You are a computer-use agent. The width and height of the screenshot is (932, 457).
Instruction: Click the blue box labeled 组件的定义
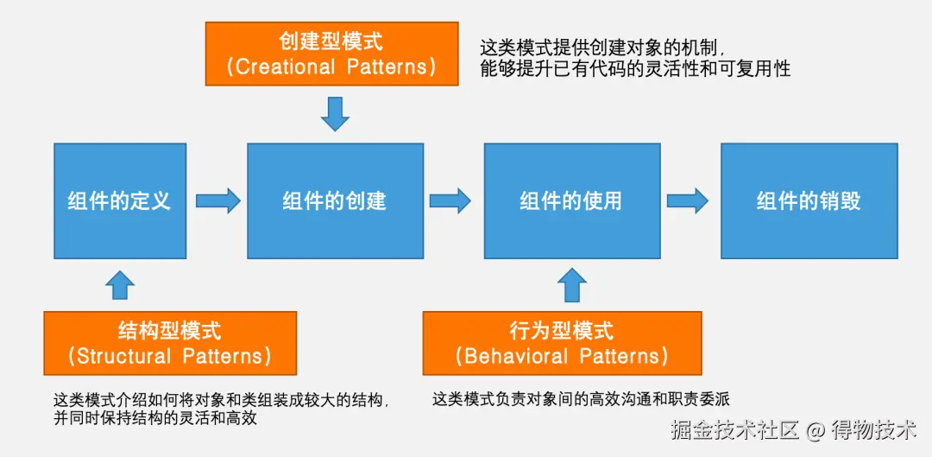pos(120,200)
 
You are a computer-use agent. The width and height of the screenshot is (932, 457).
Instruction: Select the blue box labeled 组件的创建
pos(335,200)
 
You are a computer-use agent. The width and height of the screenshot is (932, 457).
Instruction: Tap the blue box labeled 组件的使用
pos(571,200)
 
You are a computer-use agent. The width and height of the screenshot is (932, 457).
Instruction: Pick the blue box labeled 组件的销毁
pos(809,200)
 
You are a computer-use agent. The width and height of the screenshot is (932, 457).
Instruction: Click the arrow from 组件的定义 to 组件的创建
pos(217,201)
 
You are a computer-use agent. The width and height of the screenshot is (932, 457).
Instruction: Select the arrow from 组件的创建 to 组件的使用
pos(450,201)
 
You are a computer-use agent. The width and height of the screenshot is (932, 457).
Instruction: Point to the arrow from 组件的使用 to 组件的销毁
pos(688,201)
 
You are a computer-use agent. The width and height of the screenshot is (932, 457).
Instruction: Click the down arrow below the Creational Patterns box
pos(335,113)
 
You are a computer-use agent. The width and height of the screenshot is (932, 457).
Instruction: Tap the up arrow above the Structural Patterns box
pos(120,284)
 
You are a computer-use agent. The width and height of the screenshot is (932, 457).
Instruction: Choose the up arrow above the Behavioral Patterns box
pos(571,284)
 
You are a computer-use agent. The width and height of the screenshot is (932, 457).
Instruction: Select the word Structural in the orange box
pos(123,356)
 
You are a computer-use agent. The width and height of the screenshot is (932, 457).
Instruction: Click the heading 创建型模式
pos(331,41)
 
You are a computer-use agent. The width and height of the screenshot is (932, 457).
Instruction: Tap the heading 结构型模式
pos(169,330)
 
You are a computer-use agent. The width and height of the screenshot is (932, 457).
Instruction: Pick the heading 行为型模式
pos(562,330)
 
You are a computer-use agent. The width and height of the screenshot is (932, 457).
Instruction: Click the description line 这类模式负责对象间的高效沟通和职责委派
pos(581,399)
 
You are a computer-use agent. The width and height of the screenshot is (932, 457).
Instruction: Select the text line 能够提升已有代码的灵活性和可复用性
pos(635,69)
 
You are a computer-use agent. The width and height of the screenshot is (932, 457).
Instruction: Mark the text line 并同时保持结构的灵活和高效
pos(154,418)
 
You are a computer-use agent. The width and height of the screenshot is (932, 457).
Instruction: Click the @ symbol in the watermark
pos(816,429)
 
